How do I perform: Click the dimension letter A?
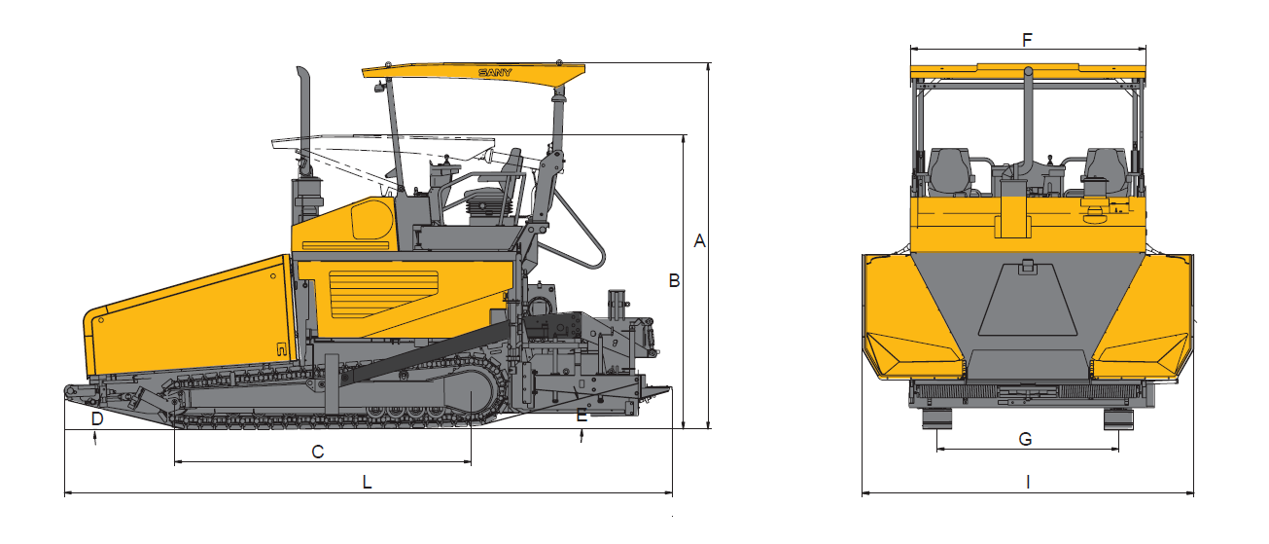click(x=699, y=240)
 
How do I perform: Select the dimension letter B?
click(x=674, y=280)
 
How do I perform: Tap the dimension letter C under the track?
click(x=318, y=452)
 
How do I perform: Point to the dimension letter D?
click(x=97, y=418)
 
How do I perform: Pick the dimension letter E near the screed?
click(x=582, y=416)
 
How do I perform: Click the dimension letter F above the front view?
click(x=1027, y=40)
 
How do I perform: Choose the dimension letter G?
click(x=1025, y=439)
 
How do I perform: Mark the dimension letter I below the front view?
click(x=1028, y=483)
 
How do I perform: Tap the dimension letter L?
click(x=368, y=483)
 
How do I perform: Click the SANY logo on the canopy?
click(x=495, y=73)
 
